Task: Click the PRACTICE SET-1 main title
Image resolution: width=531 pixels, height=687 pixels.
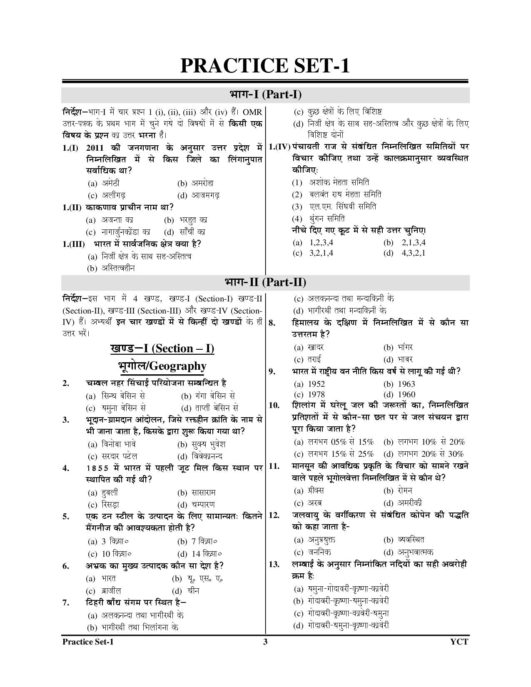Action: click(x=265, y=66)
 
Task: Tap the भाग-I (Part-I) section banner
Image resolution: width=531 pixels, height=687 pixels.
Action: click(x=265, y=95)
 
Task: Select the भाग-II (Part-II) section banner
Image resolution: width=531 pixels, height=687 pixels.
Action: click(x=265, y=282)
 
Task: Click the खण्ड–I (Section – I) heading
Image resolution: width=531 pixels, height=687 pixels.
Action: click(x=162, y=348)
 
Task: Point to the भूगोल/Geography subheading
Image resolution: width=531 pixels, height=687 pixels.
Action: click(x=162, y=366)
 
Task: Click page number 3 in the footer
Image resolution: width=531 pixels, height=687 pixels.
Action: click(x=265, y=642)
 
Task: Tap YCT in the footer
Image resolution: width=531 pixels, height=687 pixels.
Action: click(x=459, y=642)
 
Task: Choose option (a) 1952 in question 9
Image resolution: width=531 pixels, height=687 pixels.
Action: click(x=309, y=384)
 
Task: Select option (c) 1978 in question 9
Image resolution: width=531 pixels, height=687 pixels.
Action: click(x=309, y=394)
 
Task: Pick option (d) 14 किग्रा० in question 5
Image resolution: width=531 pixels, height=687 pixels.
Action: click(x=199, y=554)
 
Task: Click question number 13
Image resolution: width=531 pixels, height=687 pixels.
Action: click(x=274, y=564)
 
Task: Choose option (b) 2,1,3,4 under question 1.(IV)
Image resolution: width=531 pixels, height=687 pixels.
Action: click(x=404, y=242)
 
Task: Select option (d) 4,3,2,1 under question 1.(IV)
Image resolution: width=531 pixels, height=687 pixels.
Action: click(x=404, y=253)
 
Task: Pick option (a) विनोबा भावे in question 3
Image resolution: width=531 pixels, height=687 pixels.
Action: click(x=112, y=444)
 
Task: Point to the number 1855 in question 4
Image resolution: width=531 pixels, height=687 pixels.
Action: click(x=98, y=468)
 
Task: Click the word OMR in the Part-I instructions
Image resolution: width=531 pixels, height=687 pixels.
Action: click(x=252, y=112)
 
